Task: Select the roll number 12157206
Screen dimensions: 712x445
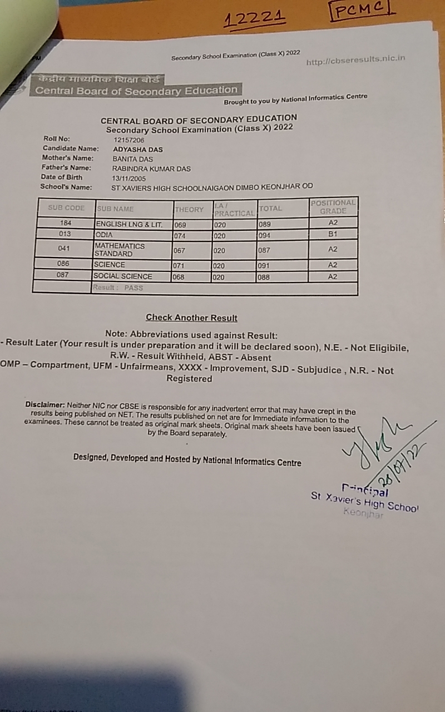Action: click(x=128, y=140)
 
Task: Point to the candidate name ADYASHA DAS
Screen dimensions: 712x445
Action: click(x=137, y=150)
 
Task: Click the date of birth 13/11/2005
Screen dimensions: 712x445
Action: click(x=129, y=179)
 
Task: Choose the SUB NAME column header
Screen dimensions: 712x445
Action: click(x=115, y=209)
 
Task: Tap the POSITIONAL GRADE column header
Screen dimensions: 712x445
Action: click(x=333, y=207)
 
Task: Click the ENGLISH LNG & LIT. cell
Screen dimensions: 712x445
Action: click(x=129, y=224)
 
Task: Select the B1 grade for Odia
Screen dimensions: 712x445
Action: click(x=333, y=235)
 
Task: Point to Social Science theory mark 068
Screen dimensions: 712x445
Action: click(x=179, y=277)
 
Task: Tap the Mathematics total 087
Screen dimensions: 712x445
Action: click(x=264, y=250)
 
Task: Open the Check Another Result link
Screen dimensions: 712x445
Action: click(x=191, y=318)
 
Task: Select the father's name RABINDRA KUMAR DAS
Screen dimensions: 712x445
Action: click(x=151, y=168)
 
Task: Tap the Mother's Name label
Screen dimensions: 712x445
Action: click(x=68, y=159)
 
